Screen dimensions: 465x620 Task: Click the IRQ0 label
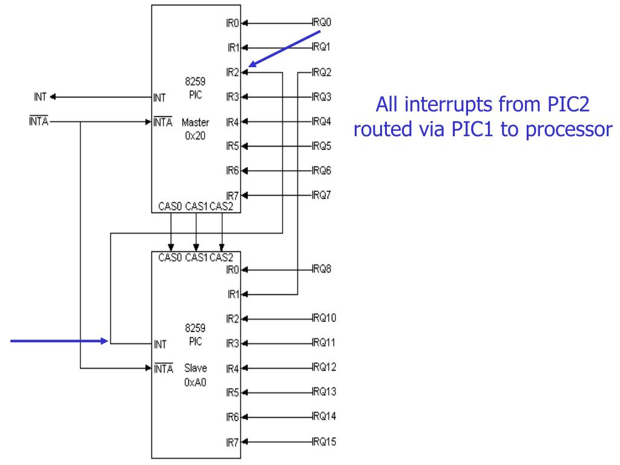coord(323,22)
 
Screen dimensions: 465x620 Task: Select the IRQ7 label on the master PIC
coord(323,195)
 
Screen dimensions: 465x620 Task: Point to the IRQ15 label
coord(325,441)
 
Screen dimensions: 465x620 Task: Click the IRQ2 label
coord(323,72)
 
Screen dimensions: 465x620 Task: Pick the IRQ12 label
coord(325,367)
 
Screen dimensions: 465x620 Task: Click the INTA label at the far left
coord(38,121)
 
